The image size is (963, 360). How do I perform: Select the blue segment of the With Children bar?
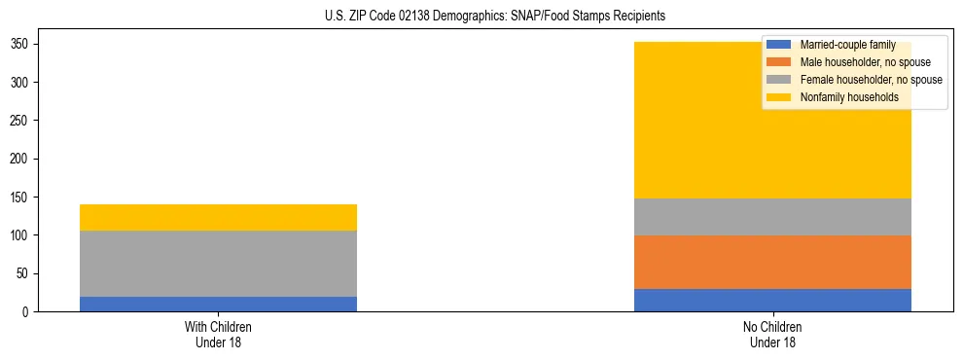[219, 304]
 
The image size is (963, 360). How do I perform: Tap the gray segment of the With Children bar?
[219, 264]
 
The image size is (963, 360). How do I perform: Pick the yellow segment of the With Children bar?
[219, 217]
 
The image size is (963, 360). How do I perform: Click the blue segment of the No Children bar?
[772, 300]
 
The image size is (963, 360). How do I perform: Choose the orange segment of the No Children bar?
[772, 262]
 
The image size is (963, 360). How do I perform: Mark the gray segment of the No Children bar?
[772, 217]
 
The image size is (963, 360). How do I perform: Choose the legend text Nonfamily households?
[842, 97]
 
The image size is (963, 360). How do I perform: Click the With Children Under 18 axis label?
[219, 334]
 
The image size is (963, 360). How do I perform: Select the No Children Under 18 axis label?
[772, 334]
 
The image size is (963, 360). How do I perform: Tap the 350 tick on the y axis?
[20, 45]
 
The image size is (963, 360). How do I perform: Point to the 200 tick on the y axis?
[20, 159]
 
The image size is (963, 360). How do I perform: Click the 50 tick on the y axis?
[23, 273]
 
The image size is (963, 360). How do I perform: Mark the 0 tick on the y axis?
[27, 311]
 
